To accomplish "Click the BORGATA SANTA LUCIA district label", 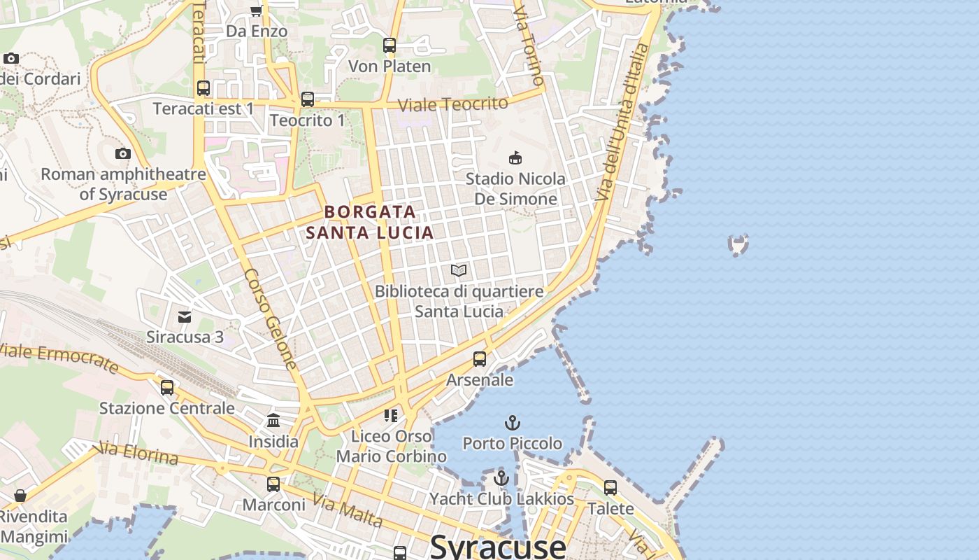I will pyautogui.click(x=370, y=221).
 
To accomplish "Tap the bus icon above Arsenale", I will pyautogui.click(x=480, y=359).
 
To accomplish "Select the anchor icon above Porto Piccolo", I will pyautogui.click(x=513, y=423).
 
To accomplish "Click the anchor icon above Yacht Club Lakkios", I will pyautogui.click(x=501, y=479).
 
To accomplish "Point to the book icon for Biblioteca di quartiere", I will pyautogui.click(x=459, y=270).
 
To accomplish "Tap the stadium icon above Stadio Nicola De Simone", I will pyautogui.click(x=515, y=157).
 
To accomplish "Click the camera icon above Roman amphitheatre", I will pyautogui.click(x=123, y=153).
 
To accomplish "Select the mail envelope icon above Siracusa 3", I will pyautogui.click(x=185, y=317).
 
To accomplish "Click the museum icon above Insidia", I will pyautogui.click(x=273, y=421).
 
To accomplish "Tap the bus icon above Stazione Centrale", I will pyautogui.click(x=167, y=387).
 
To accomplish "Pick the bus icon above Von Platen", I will pyautogui.click(x=390, y=45).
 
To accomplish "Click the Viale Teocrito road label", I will pyautogui.click(x=452, y=104).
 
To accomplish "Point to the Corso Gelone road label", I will pyautogui.click(x=271, y=319).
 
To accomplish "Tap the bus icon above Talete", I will pyautogui.click(x=610, y=488).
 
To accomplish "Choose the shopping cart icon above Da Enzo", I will pyautogui.click(x=256, y=10).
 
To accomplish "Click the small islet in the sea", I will pyautogui.click(x=738, y=244).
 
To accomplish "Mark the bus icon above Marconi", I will pyautogui.click(x=273, y=484).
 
